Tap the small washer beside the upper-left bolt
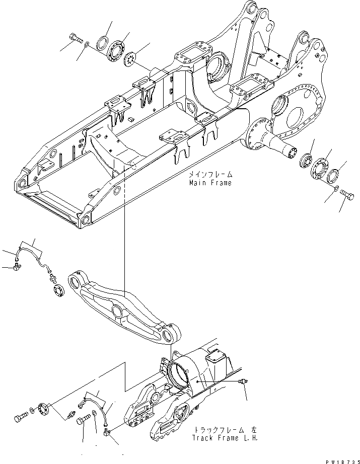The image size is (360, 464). (x=88, y=46)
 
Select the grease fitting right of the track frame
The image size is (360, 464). (x=244, y=383)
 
